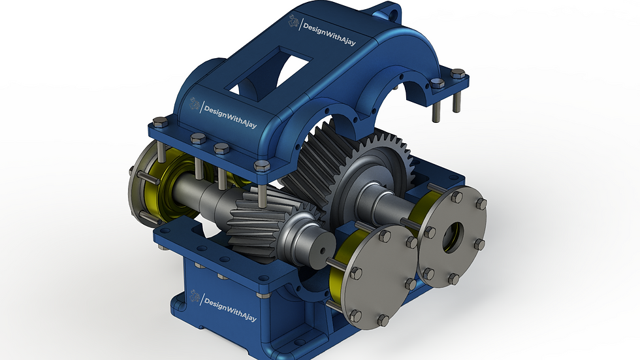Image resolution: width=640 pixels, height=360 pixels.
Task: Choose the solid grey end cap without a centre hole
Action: (381, 275)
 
